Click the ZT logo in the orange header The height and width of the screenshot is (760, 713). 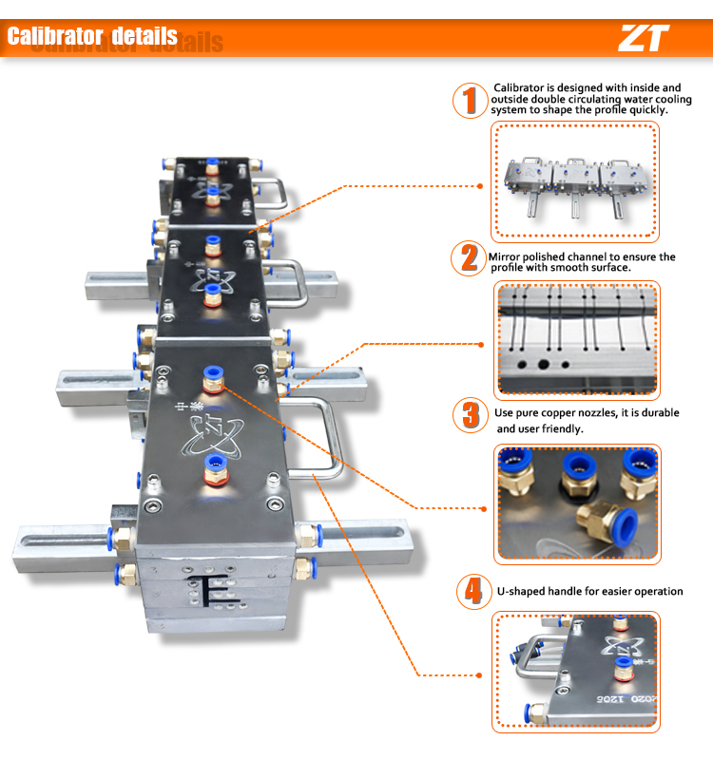click(644, 38)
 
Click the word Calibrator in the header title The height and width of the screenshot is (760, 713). click(55, 36)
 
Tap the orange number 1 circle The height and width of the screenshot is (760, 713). click(470, 101)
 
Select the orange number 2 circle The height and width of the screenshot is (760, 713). click(469, 257)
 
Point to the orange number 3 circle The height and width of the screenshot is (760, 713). click(470, 415)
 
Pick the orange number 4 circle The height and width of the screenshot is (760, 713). click(474, 592)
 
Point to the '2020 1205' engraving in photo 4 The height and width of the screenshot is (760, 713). click(626, 699)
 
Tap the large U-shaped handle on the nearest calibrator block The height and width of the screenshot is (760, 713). click(329, 436)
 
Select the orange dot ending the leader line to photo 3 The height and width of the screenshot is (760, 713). click(484, 509)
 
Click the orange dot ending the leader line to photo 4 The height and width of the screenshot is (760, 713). click(479, 675)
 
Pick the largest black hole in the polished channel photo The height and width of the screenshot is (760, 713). click(543, 364)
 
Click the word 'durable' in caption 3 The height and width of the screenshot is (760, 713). click(659, 413)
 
